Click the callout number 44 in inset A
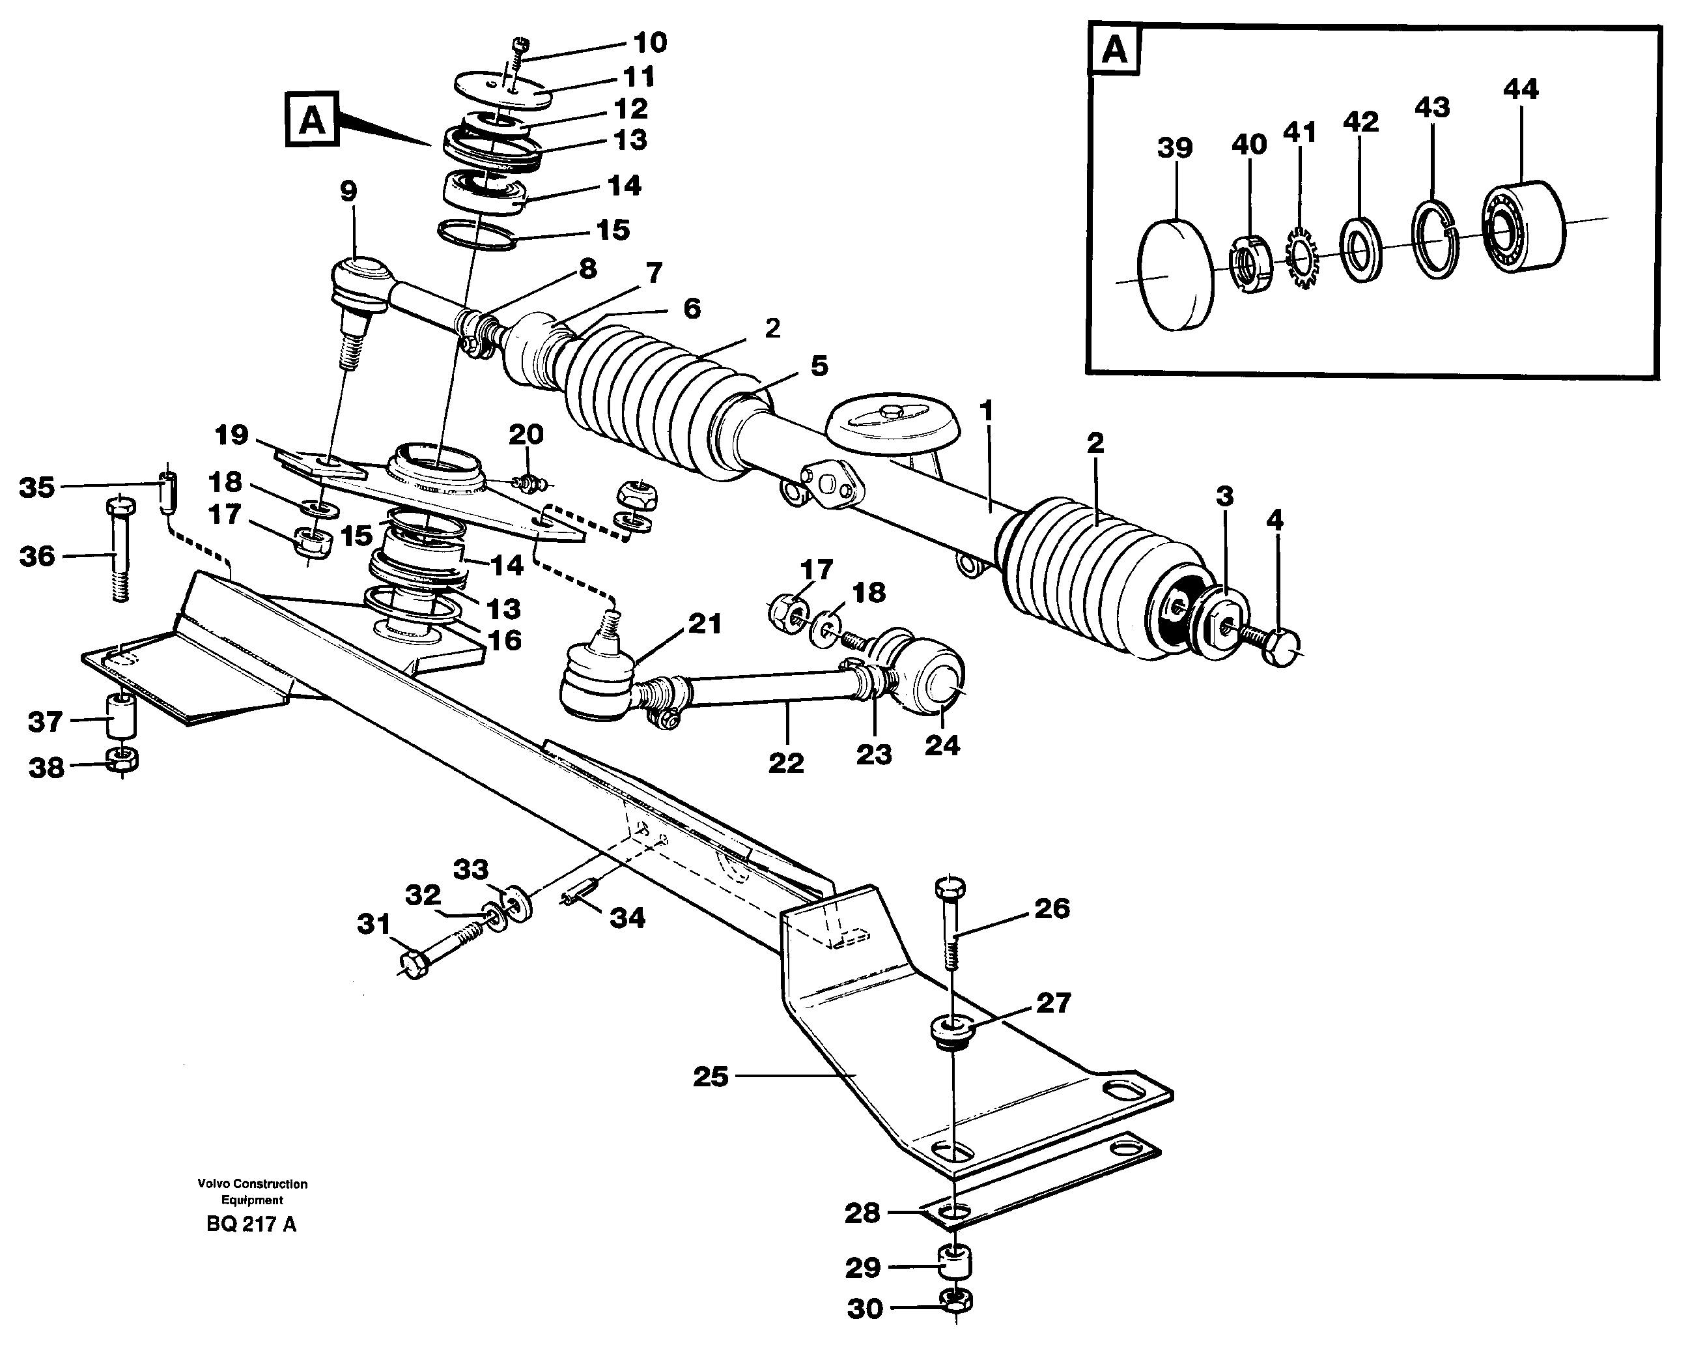(1520, 89)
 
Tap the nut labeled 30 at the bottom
(955, 1302)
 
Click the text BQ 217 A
(251, 1224)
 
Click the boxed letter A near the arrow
(312, 119)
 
